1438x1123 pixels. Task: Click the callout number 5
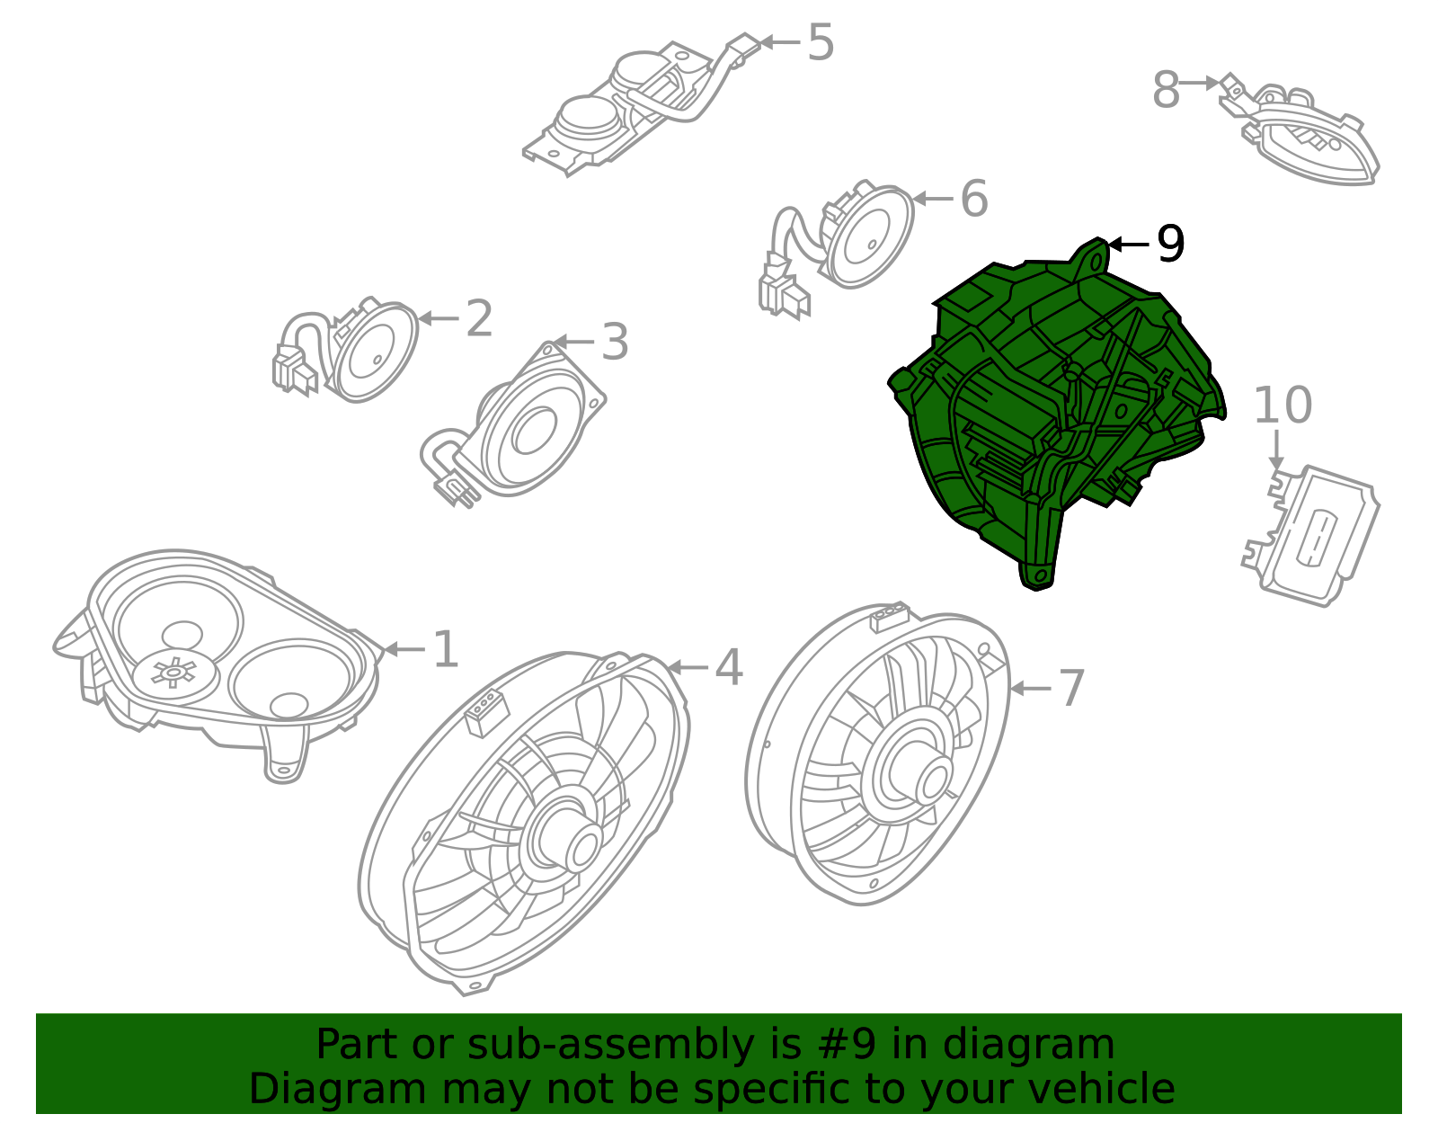point(821,42)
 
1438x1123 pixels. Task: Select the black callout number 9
point(1170,244)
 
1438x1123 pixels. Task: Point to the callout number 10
point(1283,405)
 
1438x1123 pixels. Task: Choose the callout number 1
point(446,648)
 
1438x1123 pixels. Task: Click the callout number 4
point(729,666)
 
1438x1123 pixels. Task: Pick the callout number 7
point(1071,688)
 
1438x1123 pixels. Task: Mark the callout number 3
point(615,343)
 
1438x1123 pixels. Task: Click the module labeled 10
point(1310,536)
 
